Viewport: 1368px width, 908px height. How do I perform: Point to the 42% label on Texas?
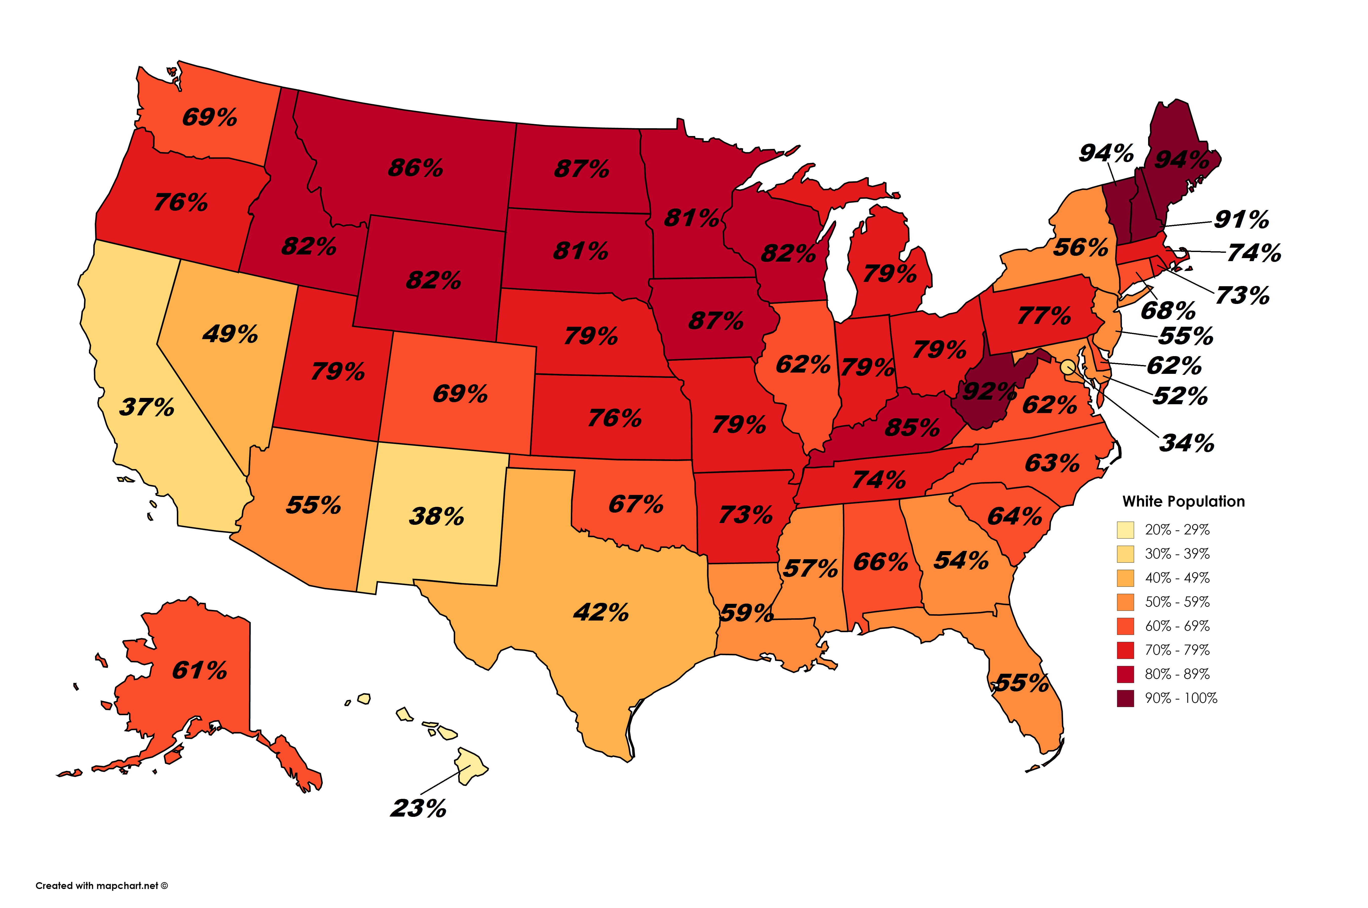(x=601, y=612)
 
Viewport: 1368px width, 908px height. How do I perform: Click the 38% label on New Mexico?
(x=437, y=516)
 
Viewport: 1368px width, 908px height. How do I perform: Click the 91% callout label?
(x=1241, y=220)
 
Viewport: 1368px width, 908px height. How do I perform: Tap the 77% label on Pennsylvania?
(x=1044, y=316)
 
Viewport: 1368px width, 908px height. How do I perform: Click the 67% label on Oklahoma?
(x=635, y=504)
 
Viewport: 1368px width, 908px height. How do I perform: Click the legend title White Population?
(x=1183, y=501)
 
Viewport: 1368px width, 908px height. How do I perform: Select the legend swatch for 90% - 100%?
(x=1125, y=698)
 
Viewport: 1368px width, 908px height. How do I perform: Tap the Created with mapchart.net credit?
(x=101, y=885)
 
